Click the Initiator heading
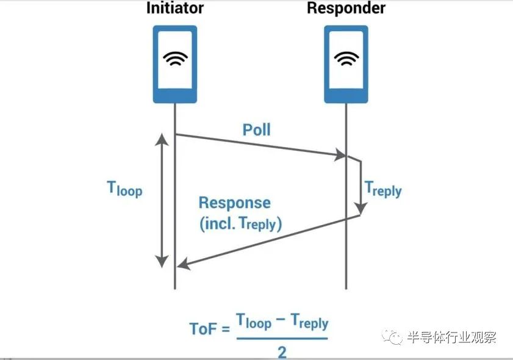click(x=174, y=8)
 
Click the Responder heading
click(x=346, y=8)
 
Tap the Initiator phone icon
click(x=174, y=64)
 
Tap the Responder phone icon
click(x=346, y=64)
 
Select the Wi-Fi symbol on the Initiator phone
click(x=174, y=59)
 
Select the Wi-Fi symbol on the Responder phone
click(x=346, y=59)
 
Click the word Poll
click(x=256, y=129)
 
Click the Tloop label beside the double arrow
click(x=124, y=189)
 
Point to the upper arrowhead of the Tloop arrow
click(x=162, y=138)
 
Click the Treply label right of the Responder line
click(x=383, y=189)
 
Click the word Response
click(x=234, y=203)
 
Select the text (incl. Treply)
click(x=240, y=224)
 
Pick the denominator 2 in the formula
click(x=282, y=351)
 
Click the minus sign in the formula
click(x=281, y=321)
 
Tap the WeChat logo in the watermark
click(x=394, y=336)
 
